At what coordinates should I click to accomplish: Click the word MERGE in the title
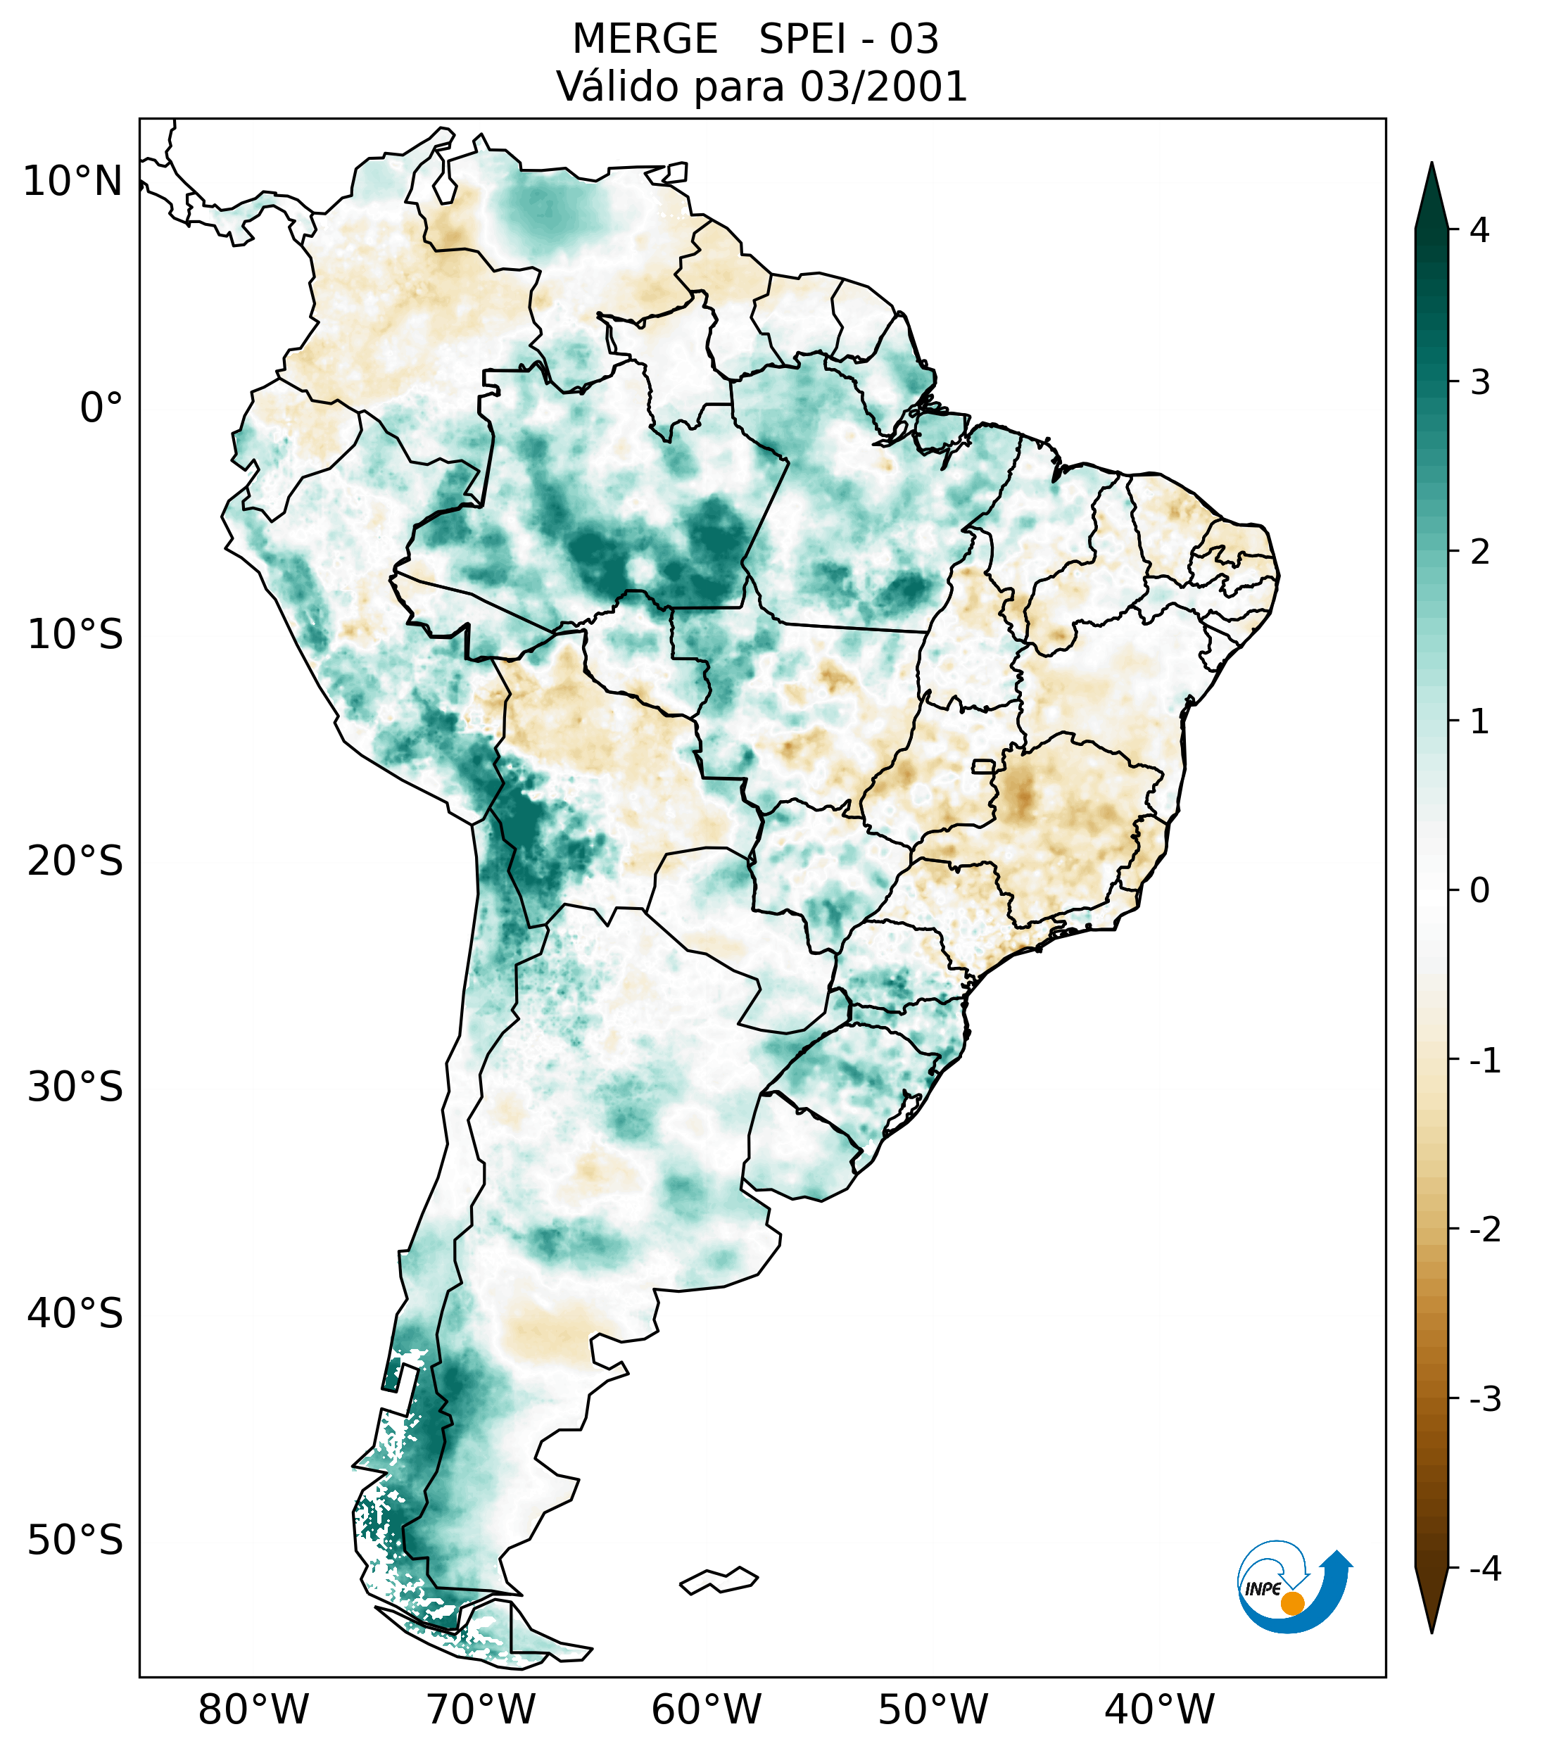coord(645,39)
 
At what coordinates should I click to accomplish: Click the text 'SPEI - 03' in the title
coord(849,39)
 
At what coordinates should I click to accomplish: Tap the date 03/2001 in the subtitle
coord(883,87)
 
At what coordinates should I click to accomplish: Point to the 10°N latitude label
coord(73,182)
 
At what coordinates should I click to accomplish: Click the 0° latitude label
coord(101,408)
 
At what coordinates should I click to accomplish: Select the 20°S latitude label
coord(75,861)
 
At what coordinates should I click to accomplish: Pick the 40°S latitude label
coord(75,1314)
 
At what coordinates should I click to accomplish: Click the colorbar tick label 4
coord(1479,230)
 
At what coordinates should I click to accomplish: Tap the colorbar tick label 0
coord(1479,891)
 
